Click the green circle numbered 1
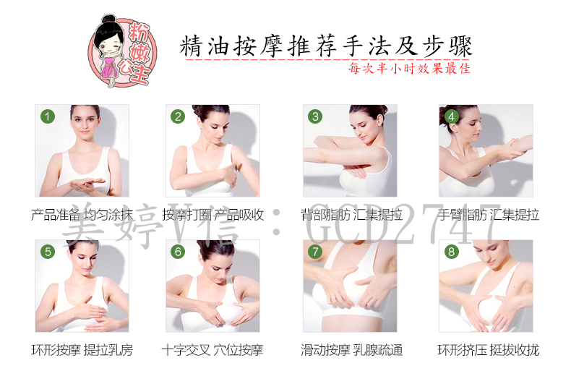tap(47, 116)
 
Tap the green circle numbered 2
tap(178, 116)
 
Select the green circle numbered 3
tap(315, 116)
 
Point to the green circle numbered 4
tap(452, 116)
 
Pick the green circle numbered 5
tap(47, 252)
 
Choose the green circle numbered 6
tap(178, 252)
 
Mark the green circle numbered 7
tap(315, 252)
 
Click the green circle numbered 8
tap(452, 252)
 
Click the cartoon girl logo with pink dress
tap(122, 51)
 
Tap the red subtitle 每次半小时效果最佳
tap(409, 68)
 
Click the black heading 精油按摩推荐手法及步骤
tap(326, 46)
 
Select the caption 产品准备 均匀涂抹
tap(82, 215)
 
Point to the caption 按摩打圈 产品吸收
tap(212, 215)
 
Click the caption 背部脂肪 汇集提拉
tap(352, 215)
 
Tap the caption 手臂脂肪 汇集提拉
tap(489, 215)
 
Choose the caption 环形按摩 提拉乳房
tap(82, 350)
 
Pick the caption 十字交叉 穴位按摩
tap(212, 350)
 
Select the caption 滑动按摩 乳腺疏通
tap(352, 350)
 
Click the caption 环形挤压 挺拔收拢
tap(489, 350)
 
